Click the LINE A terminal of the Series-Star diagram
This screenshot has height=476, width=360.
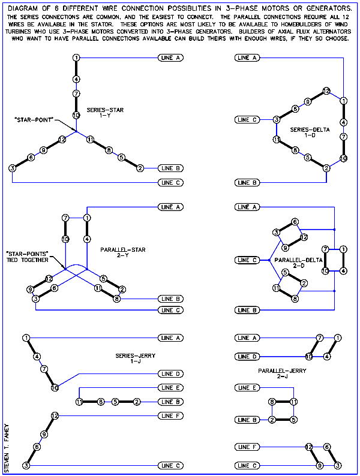[171, 58]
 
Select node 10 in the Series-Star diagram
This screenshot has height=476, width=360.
[76, 115]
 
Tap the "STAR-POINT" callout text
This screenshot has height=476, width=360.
[34, 120]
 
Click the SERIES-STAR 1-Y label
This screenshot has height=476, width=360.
[105, 112]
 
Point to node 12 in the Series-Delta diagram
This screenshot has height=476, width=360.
[326, 91]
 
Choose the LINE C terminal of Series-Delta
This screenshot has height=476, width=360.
[247, 120]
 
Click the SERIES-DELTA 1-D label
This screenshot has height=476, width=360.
[310, 132]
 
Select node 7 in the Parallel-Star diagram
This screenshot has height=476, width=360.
[65, 218]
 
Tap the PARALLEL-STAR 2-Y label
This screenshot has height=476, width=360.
[123, 252]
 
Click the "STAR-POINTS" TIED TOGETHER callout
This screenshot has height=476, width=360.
[28, 257]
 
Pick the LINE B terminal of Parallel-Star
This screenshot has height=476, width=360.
[171, 299]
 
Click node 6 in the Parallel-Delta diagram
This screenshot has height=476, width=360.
[295, 222]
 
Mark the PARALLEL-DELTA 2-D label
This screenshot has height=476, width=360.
[298, 263]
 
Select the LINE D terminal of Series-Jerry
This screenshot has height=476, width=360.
[171, 373]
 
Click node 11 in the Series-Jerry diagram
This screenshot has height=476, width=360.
[79, 402]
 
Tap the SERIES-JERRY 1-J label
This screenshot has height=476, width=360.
[135, 358]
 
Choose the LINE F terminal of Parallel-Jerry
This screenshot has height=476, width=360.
[247, 447]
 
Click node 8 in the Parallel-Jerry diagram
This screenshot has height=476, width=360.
[272, 402]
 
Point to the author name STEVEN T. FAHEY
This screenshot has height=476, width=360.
[7, 448]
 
